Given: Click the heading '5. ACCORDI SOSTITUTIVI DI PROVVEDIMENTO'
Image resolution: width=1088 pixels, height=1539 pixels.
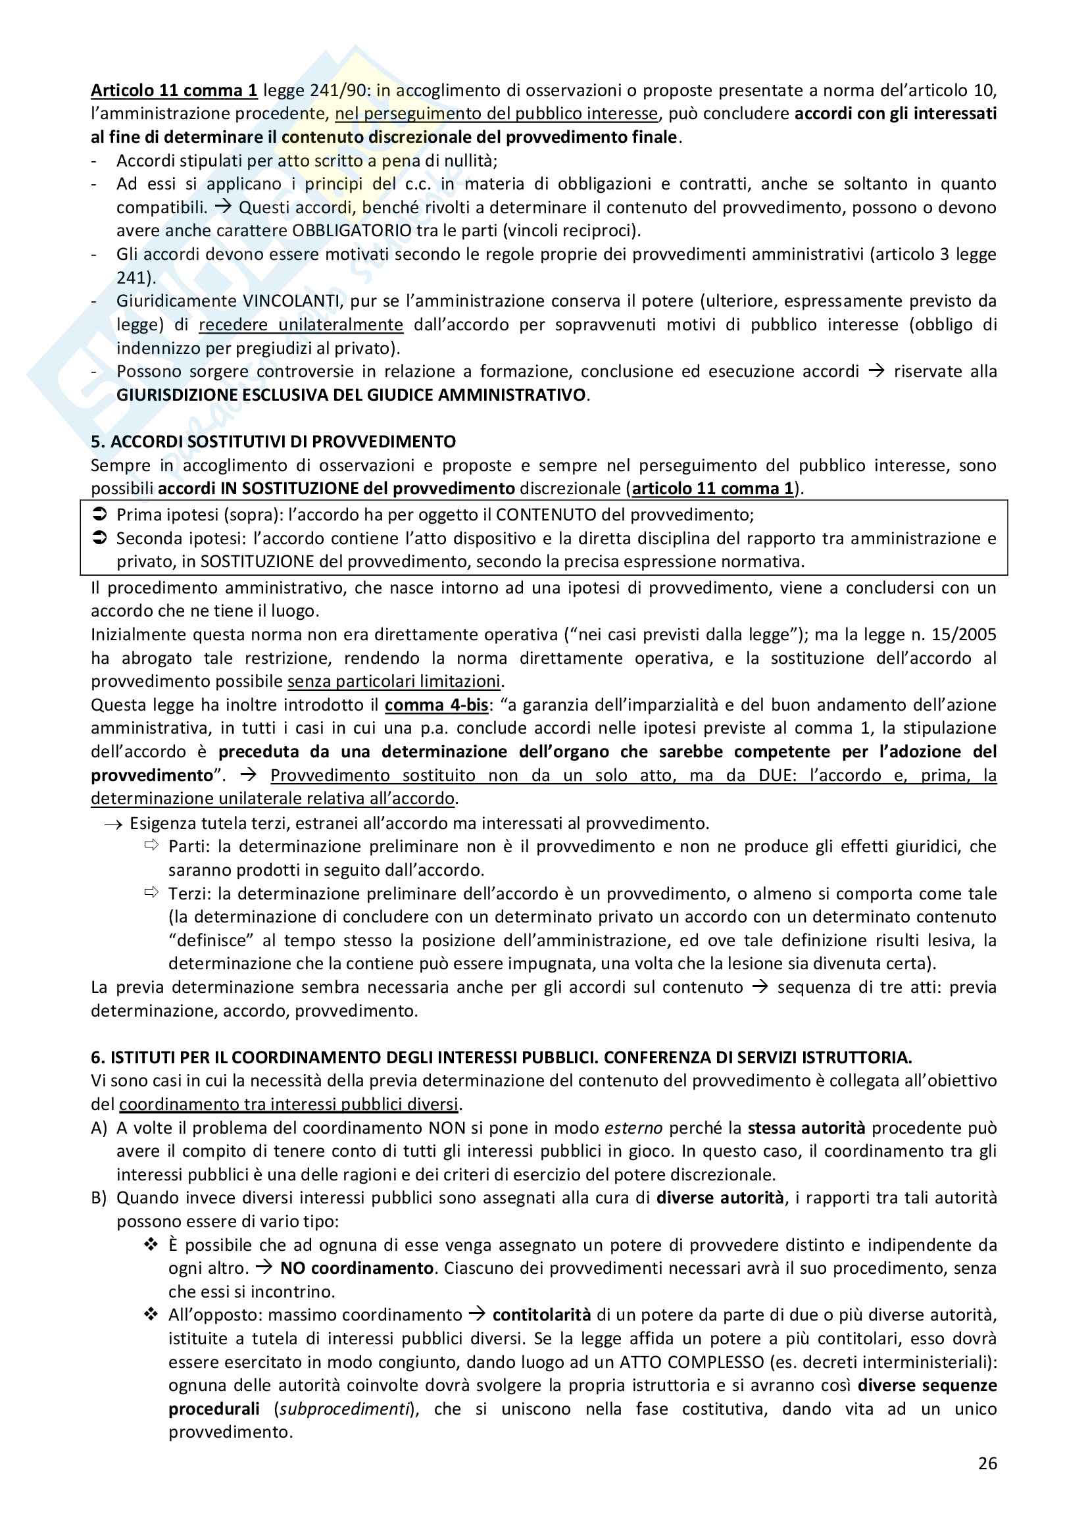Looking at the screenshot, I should pyautogui.click(x=273, y=442).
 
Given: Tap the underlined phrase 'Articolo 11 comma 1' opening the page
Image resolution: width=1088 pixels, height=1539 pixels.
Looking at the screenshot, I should pyautogui.click(x=174, y=91).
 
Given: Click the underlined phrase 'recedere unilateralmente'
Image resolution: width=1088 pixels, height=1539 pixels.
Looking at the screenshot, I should pyautogui.click(x=301, y=324).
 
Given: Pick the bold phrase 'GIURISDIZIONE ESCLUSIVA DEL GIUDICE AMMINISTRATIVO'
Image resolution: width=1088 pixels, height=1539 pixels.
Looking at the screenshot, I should pyautogui.click(x=351, y=395).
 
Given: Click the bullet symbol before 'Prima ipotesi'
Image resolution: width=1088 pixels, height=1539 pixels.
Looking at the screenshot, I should pyautogui.click(x=99, y=515).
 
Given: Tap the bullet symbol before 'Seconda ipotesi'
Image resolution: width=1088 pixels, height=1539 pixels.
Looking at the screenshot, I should pyautogui.click(x=99, y=538).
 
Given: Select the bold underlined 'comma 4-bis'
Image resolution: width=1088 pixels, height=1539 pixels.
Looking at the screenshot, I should pyautogui.click(x=436, y=705).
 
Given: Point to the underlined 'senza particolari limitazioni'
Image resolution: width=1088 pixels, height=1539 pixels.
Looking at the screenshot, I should pyautogui.click(x=394, y=681).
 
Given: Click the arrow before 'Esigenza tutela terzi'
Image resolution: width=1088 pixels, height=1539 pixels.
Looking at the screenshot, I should pyautogui.click(x=112, y=824).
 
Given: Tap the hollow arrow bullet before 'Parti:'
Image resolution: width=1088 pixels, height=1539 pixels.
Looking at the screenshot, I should pyautogui.click(x=151, y=845).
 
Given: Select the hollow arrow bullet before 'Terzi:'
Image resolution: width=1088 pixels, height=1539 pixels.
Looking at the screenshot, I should pyautogui.click(x=151, y=892).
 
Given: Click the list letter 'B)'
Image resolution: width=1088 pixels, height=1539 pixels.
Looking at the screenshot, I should pyautogui.click(x=99, y=1198).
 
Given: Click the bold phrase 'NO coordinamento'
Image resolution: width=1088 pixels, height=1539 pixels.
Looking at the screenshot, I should pyautogui.click(x=357, y=1268).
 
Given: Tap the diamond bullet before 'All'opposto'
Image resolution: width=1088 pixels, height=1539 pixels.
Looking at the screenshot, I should pyautogui.click(x=151, y=1315).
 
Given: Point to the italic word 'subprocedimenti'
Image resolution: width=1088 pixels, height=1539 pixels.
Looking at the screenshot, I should pyautogui.click(x=344, y=1409).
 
